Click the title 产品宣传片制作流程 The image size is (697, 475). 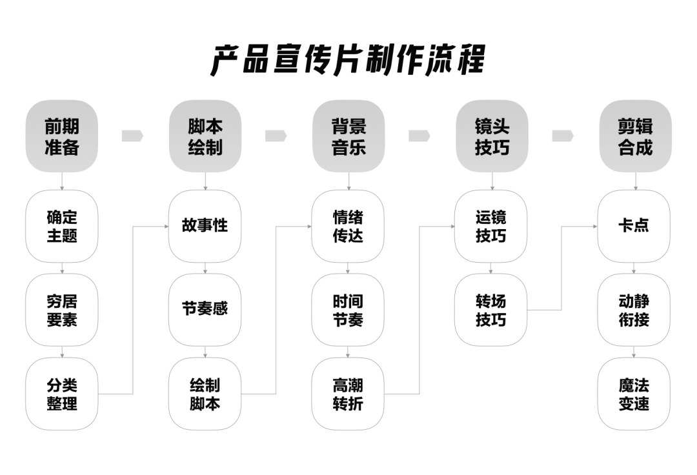(x=348, y=60)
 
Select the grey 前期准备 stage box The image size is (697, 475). (x=62, y=136)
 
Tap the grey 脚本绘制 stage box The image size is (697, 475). (x=205, y=136)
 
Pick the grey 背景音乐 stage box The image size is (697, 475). (x=348, y=136)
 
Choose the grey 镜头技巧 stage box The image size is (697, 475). (x=492, y=136)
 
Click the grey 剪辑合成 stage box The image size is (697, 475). (x=635, y=136)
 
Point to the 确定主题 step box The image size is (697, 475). (x=62, y=226)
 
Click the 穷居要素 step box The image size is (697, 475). (x=62, y=310)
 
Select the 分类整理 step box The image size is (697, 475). (x=62, y=394)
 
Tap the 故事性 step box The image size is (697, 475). (x=205, y=226)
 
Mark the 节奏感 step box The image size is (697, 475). (x=205, y=310)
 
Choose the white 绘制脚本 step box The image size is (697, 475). (x=205, y=394)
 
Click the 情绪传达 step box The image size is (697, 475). (x=348, y=226)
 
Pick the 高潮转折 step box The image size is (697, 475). (x=348, y=394)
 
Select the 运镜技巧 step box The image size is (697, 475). (x=491, y=226)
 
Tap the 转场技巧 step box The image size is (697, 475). (x=491, y=310)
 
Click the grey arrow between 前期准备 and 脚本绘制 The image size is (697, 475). (x=132, y=136)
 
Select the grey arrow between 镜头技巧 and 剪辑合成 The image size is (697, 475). (x=563, y=136)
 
